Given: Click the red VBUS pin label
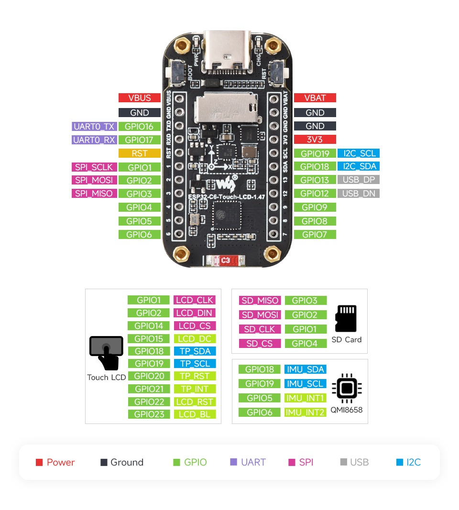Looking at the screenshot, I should click(x=139, y=98).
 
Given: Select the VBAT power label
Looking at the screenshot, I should click(x=315, y=98).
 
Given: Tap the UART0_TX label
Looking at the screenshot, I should click(x=94, y=127).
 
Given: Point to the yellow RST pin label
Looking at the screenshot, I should click(x=139, y=153).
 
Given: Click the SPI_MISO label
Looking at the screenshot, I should click(x=94, y=194).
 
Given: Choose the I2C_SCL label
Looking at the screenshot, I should click(x=358, y=153).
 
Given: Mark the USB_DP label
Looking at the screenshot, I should click(x=358, y=180).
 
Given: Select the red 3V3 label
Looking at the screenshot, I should click(x=315, y=140).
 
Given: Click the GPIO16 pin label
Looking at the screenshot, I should click(x=139, y=127).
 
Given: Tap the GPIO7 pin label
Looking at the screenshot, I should click(x=315, y=235).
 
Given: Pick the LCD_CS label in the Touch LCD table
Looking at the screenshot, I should click(x=194, y=326).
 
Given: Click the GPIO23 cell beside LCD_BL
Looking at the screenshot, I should click(x=149, y=414).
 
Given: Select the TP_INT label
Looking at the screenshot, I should click(x=194, y=389).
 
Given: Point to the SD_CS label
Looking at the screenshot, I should click(x=260, y=344).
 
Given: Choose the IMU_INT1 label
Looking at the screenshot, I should click(x=305, y=398).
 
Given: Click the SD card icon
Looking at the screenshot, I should click(x=346, y=318).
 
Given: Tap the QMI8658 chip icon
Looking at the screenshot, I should click(x=347, y=389).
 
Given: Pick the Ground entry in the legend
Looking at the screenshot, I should click(x=122, y=462).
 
